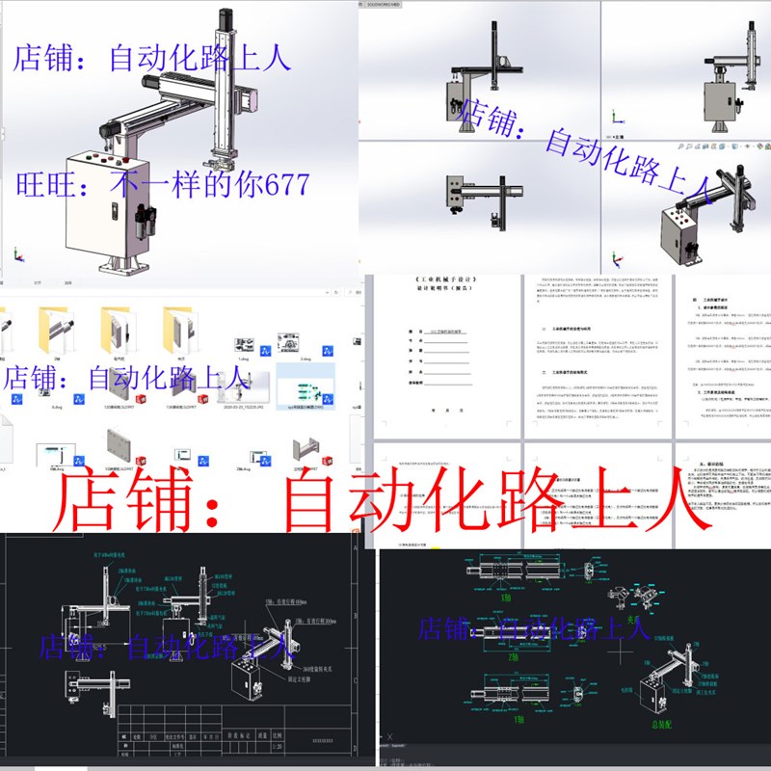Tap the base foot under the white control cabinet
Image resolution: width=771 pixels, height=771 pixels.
click(120, 266)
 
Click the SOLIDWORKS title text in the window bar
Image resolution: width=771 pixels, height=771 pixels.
click(385, 4)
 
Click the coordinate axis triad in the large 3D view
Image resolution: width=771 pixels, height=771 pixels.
click(17, 256)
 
